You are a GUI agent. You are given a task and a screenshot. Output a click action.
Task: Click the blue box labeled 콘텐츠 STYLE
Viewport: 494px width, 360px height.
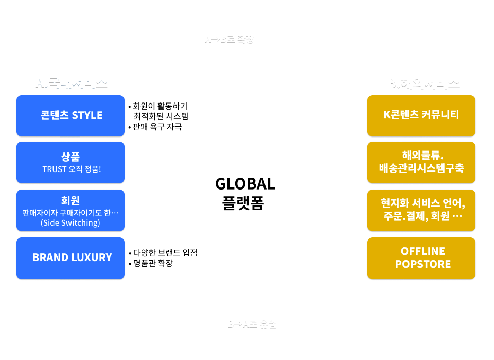(x=70, y=115)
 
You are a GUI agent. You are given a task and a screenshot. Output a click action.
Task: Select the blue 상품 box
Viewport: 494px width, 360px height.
(x=70, y=162)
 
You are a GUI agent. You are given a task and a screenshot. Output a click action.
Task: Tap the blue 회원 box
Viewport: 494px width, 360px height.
(x=70, y=210)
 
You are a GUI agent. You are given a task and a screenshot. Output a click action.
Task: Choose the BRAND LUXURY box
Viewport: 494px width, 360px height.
(x=70, y=258)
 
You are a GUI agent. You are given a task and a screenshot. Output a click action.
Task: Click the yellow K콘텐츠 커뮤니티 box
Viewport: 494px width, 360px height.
(x=421, y=115)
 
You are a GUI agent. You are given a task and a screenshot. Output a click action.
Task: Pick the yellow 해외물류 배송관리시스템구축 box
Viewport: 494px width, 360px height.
(x=421, y=162)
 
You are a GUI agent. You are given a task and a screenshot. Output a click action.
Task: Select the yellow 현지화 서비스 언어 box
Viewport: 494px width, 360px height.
(x=421, y=210)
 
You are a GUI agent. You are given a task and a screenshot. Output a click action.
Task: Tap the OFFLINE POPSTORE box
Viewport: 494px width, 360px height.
(x=421, y=258)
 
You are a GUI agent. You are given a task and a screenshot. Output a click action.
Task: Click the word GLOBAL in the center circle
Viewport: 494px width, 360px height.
(x=245, y=184)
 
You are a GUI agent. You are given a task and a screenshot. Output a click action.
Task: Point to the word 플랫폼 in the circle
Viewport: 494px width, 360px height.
(x=244, y=202)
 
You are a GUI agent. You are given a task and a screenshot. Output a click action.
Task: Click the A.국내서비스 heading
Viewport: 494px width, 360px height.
(x=71, y=82)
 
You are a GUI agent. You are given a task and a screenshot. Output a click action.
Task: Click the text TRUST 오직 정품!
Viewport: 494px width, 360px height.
(x=72, y=169)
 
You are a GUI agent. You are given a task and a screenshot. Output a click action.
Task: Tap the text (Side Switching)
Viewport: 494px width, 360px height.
(x=70, y=223)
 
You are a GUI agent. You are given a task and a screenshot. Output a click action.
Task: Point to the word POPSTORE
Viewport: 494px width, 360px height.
(x=422, y=264)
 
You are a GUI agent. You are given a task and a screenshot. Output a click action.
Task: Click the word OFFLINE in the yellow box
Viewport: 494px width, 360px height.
(x=422, y=251)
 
